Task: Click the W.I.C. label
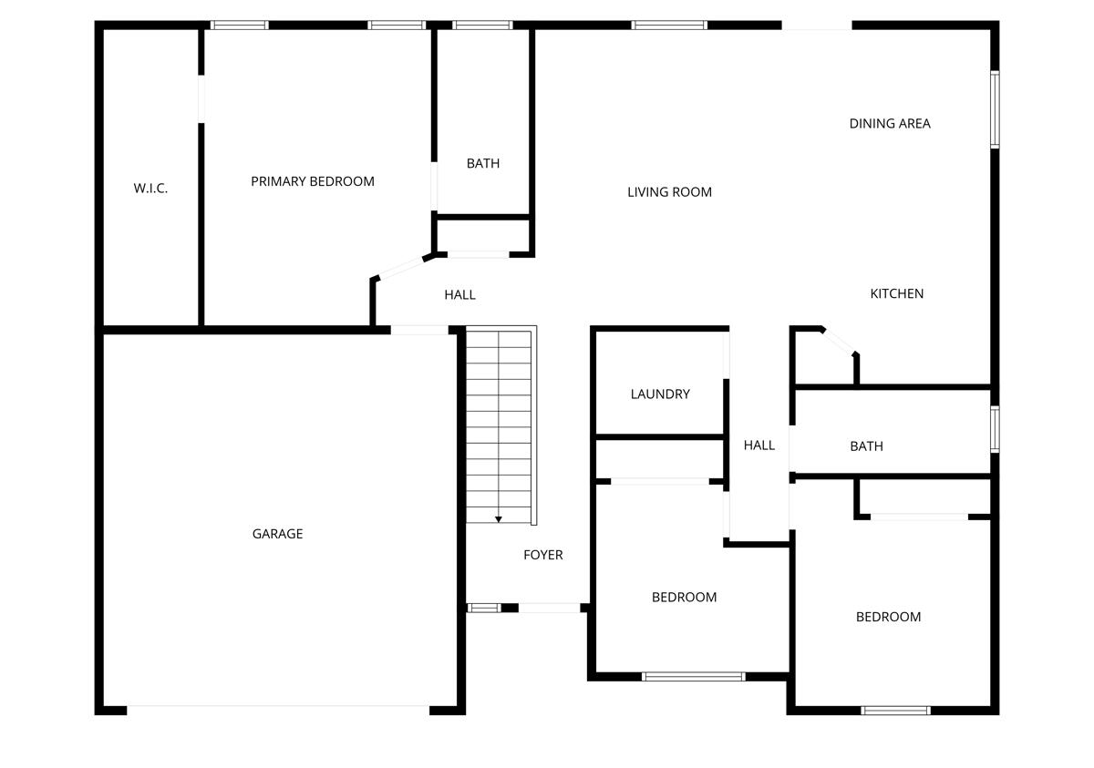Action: click(x=150, y=189)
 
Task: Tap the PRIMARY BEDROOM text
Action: click(x=313, y=181)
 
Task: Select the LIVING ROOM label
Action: click(x=669, y=192)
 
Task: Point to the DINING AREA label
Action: click(x=890, y=124)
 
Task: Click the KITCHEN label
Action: click(x=897, y=293)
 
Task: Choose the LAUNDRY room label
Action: click(x=660, y=394)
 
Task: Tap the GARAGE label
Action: click(x=277, y=534)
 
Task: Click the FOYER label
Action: click(x=542, y=555)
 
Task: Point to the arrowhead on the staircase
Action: click(x=499, y=519)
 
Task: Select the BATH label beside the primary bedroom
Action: click(x=483, y=164)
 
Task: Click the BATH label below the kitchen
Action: click(x=866, y=446)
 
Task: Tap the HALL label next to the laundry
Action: click(x=759, y=445)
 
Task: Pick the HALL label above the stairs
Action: click(x=459, y=295)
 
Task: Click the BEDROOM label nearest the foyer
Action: click(x=684, y=598)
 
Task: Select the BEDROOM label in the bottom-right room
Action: click(x=888, y=617)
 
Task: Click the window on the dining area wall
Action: click(x=995, y=109)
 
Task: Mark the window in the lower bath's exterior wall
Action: click(x=995, y=429)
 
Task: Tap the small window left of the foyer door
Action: click(x=483, y=608)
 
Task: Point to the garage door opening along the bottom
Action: click(x=278, y=708)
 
